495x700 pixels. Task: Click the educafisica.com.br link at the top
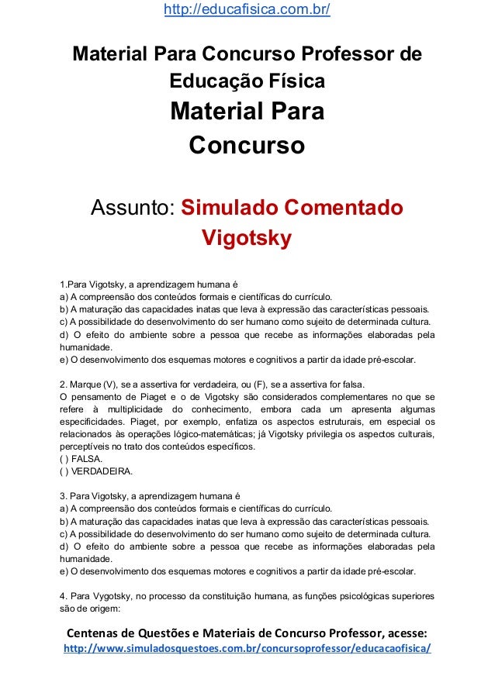coord(247,10)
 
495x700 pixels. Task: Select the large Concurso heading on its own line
coord(247,145)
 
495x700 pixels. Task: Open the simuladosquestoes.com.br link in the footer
coord(247,647)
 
